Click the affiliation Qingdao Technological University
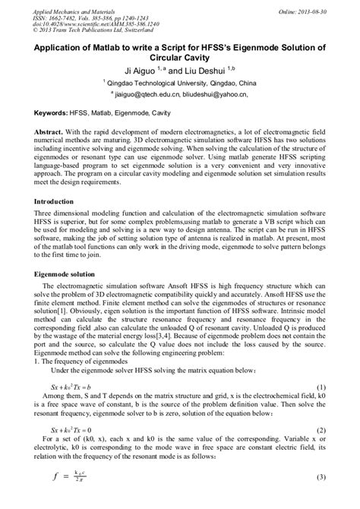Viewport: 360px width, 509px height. (169, 83)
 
